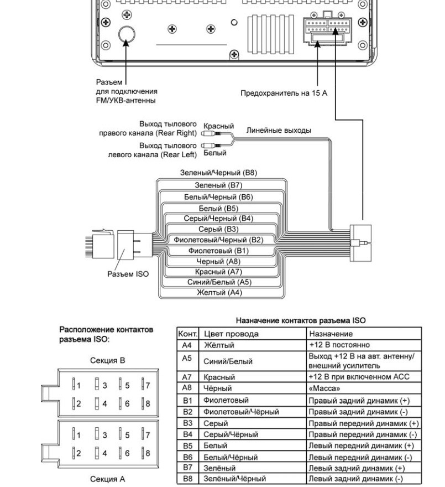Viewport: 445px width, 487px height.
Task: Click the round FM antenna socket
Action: click(x=127, y=34)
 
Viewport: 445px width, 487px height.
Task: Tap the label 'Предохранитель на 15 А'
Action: click(x=284, y=93)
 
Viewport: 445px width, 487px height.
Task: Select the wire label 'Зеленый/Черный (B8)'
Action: click(x=218, y=173)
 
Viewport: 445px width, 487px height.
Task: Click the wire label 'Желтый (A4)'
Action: click(x=219, y=293)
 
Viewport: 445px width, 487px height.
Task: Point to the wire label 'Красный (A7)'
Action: click(x=218, y=272)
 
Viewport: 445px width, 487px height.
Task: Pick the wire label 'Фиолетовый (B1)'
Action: click(x=218, y=251)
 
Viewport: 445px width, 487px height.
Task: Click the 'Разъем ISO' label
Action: click(x=128, y=274)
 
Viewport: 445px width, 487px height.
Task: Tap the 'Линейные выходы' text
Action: click(x=279, y=131)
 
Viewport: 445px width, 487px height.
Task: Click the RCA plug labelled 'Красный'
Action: click(x=211, y=133)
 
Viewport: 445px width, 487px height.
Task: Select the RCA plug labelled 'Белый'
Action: click(x=211, y=145)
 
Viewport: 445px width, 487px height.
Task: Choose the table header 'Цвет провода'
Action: click(x=231, y=334)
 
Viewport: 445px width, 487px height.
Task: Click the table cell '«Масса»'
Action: click(x=324, y=388)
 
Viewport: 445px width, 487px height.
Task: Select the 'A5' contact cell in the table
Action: click(x=187, y=359)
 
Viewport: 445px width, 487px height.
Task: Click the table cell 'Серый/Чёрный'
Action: click(x=231, y=434)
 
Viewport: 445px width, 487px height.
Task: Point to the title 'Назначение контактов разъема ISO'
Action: click(x=301, y=320)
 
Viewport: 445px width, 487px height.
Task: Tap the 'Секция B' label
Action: click(x=107, y=361)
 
